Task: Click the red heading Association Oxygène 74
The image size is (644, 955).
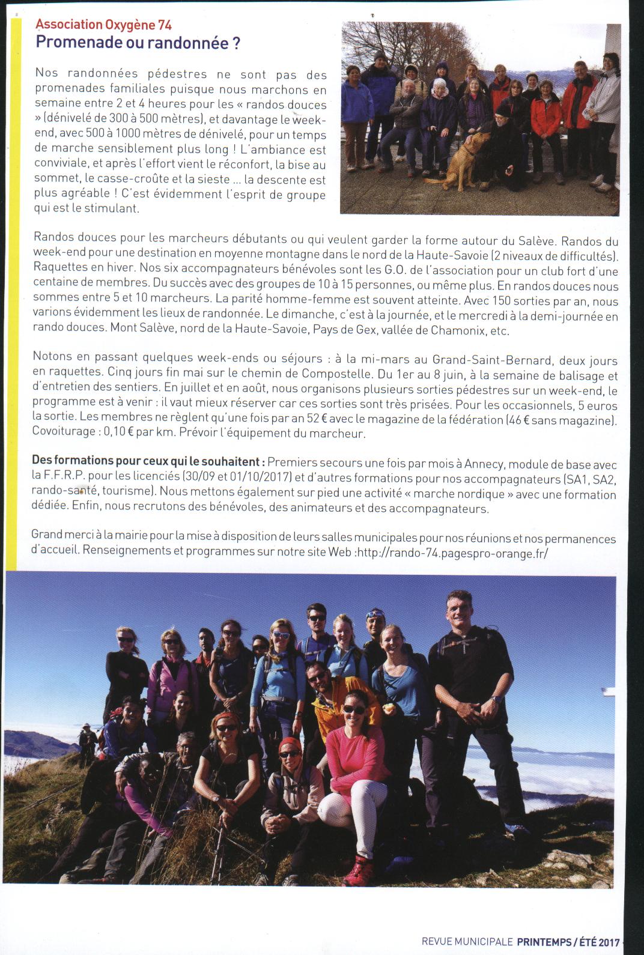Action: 103,25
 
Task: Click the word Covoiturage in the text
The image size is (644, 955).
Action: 64,433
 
